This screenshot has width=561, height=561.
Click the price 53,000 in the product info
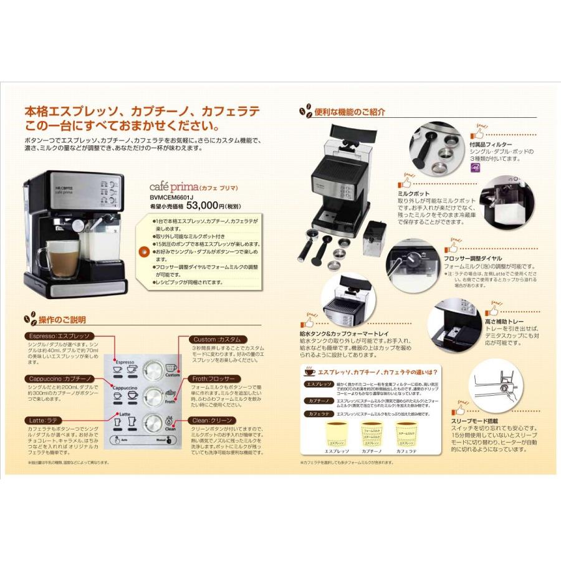click(204, 205)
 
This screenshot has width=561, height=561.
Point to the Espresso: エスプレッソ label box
click(60, 337)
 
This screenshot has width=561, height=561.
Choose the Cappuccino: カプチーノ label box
click(61, 378)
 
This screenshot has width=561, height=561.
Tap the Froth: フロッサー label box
click(214, 378)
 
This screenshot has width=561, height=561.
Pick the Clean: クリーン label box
click(213, 420)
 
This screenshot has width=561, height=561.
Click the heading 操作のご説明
click(62, 320)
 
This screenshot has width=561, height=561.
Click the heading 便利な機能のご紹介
click(350, 112)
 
